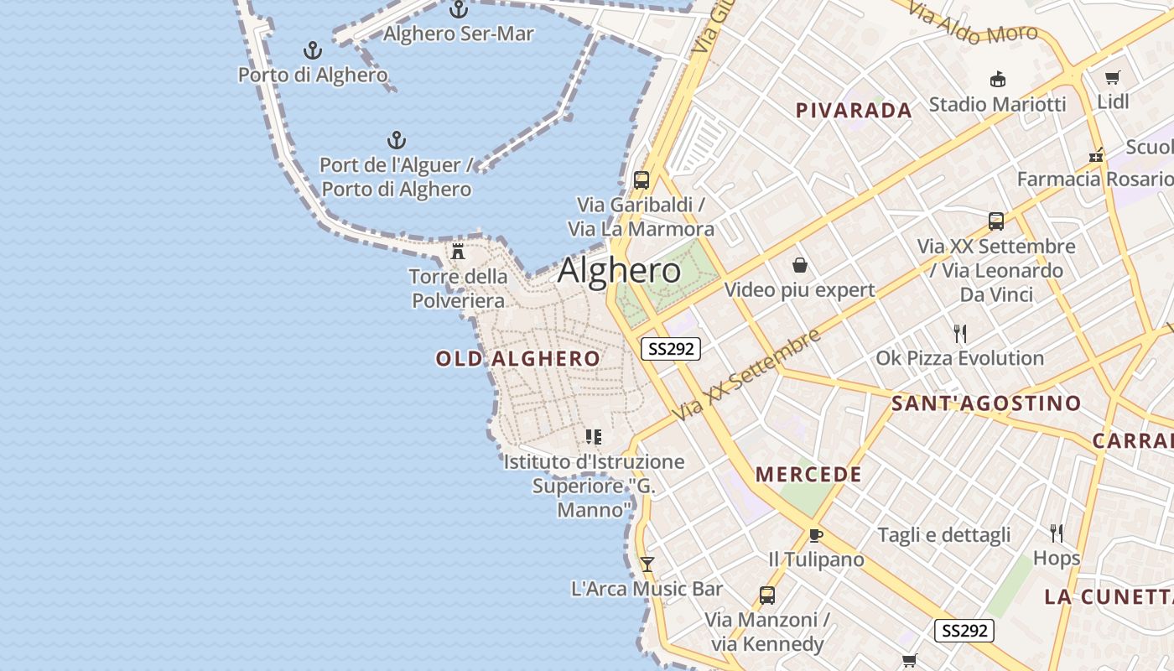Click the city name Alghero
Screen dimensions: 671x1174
tap(619, 271)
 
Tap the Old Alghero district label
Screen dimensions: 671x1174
tap(517, 359)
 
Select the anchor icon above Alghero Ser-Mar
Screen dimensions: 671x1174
tap(458, 10)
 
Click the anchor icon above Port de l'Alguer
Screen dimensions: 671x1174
tap(396, 140)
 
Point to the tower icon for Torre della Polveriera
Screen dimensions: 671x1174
tap(458, 251)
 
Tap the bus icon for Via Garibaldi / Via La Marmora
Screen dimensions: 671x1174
tap(642, 179)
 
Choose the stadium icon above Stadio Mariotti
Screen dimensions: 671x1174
tap(997, 80)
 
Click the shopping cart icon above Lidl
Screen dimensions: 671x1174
tap(1113, 78)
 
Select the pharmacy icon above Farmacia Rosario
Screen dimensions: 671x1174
tap(1095, 155)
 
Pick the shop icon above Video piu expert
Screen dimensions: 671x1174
tap(800, 266)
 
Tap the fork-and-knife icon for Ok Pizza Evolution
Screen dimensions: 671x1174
tap(960, 334)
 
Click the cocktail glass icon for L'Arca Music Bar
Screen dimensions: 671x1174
tap(647, 564)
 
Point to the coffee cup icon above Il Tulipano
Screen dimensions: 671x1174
tap(815, 535)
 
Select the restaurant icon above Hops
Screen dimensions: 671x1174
tap(1057, 533)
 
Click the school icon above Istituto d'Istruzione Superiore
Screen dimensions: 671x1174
tap(594, 437)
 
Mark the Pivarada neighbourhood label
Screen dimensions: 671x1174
tap(854, 111)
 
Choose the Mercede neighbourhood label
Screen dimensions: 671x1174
tap(808, 475)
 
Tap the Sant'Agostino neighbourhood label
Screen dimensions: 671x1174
tap(986, 403)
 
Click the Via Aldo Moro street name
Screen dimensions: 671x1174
tap(973, 24)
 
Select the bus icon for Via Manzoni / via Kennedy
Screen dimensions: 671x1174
tap(766, 596)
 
